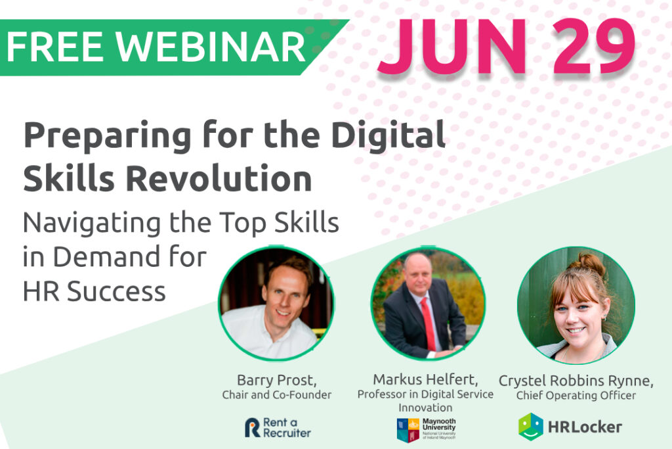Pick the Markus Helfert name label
425,379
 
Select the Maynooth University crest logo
408,429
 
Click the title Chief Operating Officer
576,395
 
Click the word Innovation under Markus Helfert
426,408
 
